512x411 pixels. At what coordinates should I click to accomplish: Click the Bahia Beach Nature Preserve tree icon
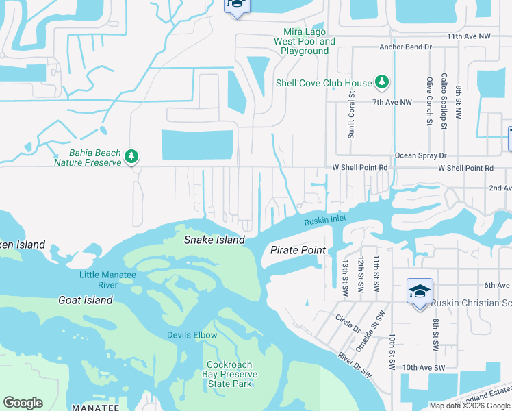click(131, 158)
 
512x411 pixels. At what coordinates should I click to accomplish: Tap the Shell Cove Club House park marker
click(382, 83)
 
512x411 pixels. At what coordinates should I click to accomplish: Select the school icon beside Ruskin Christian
click(419, 292)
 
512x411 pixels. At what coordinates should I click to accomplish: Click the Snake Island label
click(214, 240)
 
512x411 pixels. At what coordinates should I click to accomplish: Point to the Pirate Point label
click(298, 250)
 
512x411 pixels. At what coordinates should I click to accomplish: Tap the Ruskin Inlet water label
click(325, 220)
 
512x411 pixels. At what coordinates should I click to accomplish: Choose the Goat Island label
click(85, 300)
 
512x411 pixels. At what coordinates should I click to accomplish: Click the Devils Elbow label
click(192, 335)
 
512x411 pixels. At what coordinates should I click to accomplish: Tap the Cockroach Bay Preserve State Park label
click(230, 374)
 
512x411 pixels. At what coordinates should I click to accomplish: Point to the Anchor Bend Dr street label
click(407, 47)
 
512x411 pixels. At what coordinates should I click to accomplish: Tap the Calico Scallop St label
click(444, 101)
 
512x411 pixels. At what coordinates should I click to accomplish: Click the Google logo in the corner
click(23, 403)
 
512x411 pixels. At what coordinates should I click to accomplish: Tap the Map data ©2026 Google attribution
click(469, 406)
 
